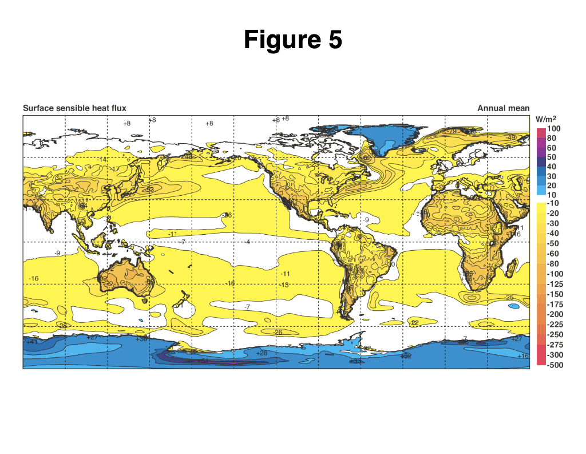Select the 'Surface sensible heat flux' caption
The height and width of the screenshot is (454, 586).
[x=74, y=108]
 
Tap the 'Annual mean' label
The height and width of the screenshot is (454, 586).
[x=504, y=108]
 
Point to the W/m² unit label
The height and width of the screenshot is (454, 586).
[x=546, y=119]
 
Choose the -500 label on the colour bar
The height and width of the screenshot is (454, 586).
[x=555, y=365]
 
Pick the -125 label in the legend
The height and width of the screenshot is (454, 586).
[x=555, y=284]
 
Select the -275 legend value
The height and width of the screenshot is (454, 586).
[x=555, y=345]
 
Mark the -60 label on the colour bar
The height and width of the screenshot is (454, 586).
[x=553, y=254]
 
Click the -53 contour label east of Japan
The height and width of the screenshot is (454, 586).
[x=149, y=190]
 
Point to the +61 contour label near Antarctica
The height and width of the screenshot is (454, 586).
[x=203, y=361]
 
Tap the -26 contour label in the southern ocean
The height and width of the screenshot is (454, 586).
[x=278, y=332]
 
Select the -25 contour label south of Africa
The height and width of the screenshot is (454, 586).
[x=509, y=297]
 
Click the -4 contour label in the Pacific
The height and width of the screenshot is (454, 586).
[x=247, y=242]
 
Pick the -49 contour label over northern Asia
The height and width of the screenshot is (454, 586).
[x=510, y=137]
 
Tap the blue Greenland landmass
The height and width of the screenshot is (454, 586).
[x=381, y=137]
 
